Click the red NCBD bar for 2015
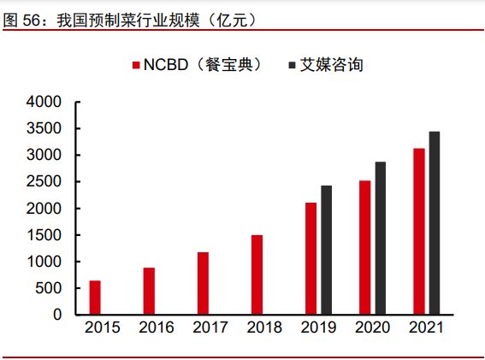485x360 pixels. (x=95, y=298)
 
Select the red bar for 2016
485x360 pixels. (x=149, y=292)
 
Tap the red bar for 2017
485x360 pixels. (x=203, y=283)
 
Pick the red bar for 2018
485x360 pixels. (x=257, y=274)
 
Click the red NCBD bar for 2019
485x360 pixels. (x=311, y=258)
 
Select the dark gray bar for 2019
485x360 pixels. (x=326, y=250)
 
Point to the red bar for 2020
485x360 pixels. (x=364, y=247)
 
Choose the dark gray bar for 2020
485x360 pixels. (x=380, y=238)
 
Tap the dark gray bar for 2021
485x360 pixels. (x=434, y=222)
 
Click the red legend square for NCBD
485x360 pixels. (x=135, y=65)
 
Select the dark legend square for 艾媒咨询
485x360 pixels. (x=292, y=65)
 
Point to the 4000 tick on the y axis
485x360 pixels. (x=44, y=102)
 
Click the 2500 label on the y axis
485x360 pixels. (x=44, y=182)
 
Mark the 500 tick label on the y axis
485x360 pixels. (x=49, y=288)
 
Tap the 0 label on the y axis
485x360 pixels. (x=57, y=315)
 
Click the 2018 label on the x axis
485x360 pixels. (x=264, y=328)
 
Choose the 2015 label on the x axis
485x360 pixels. (x=103, y=328)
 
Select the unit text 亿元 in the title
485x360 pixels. (x=235, y=18)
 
